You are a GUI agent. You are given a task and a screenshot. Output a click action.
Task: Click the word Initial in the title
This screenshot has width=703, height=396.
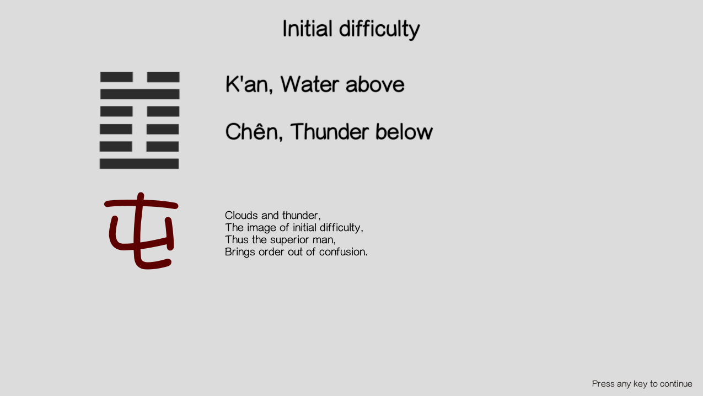pyautogui.click(x=307, y=29)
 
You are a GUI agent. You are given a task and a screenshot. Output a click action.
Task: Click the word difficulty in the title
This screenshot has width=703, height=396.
pyautogui.click(x=379, y=30)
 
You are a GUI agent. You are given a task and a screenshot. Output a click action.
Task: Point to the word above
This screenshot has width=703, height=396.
pyautogui.click(x=375, y=84)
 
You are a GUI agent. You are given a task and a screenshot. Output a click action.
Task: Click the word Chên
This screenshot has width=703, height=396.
pyautogui.click(x=254, y=131)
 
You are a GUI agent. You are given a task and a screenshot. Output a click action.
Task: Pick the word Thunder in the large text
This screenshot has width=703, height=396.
pyautogui.click(x=329, y=131)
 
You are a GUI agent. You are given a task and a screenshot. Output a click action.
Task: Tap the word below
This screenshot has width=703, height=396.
pyautogui.click(x=404, y=131)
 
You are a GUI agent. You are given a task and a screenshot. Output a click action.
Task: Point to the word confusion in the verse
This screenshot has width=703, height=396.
pyautogui.click(x=344, y=252)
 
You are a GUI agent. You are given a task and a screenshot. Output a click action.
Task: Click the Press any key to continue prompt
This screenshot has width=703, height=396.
pyautogui.click(x=642, y=384)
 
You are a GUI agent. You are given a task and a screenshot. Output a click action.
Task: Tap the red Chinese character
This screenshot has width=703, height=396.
pyautogui.click(x=141, y=231)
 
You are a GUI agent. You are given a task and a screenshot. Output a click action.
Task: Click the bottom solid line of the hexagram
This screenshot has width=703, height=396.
pyautogui.click(x=139, y=164)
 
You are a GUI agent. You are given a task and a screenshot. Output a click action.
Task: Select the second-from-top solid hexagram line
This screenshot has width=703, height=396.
pyautogui.click(x=140, y=94)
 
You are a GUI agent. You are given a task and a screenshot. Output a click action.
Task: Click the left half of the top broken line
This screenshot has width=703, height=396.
pyautogui.click(x=116, y=77)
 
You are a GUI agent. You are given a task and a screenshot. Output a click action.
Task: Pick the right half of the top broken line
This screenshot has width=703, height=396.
pyautogui.click(x=163, y=77)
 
